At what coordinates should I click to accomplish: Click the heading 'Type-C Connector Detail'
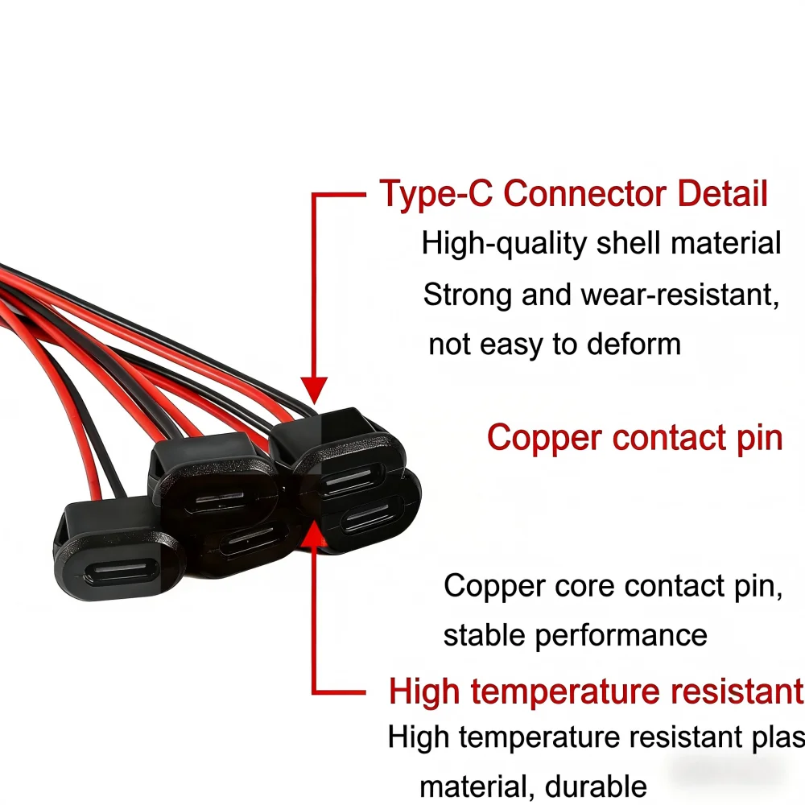click(x=573, y=195)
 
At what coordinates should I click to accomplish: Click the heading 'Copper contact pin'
click(x=634, y=438)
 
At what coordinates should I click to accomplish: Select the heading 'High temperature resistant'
click(x=596, y=691)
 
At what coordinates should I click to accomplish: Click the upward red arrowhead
click(x=315, y=543)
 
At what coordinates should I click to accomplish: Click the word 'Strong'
click(x=468, y=295)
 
